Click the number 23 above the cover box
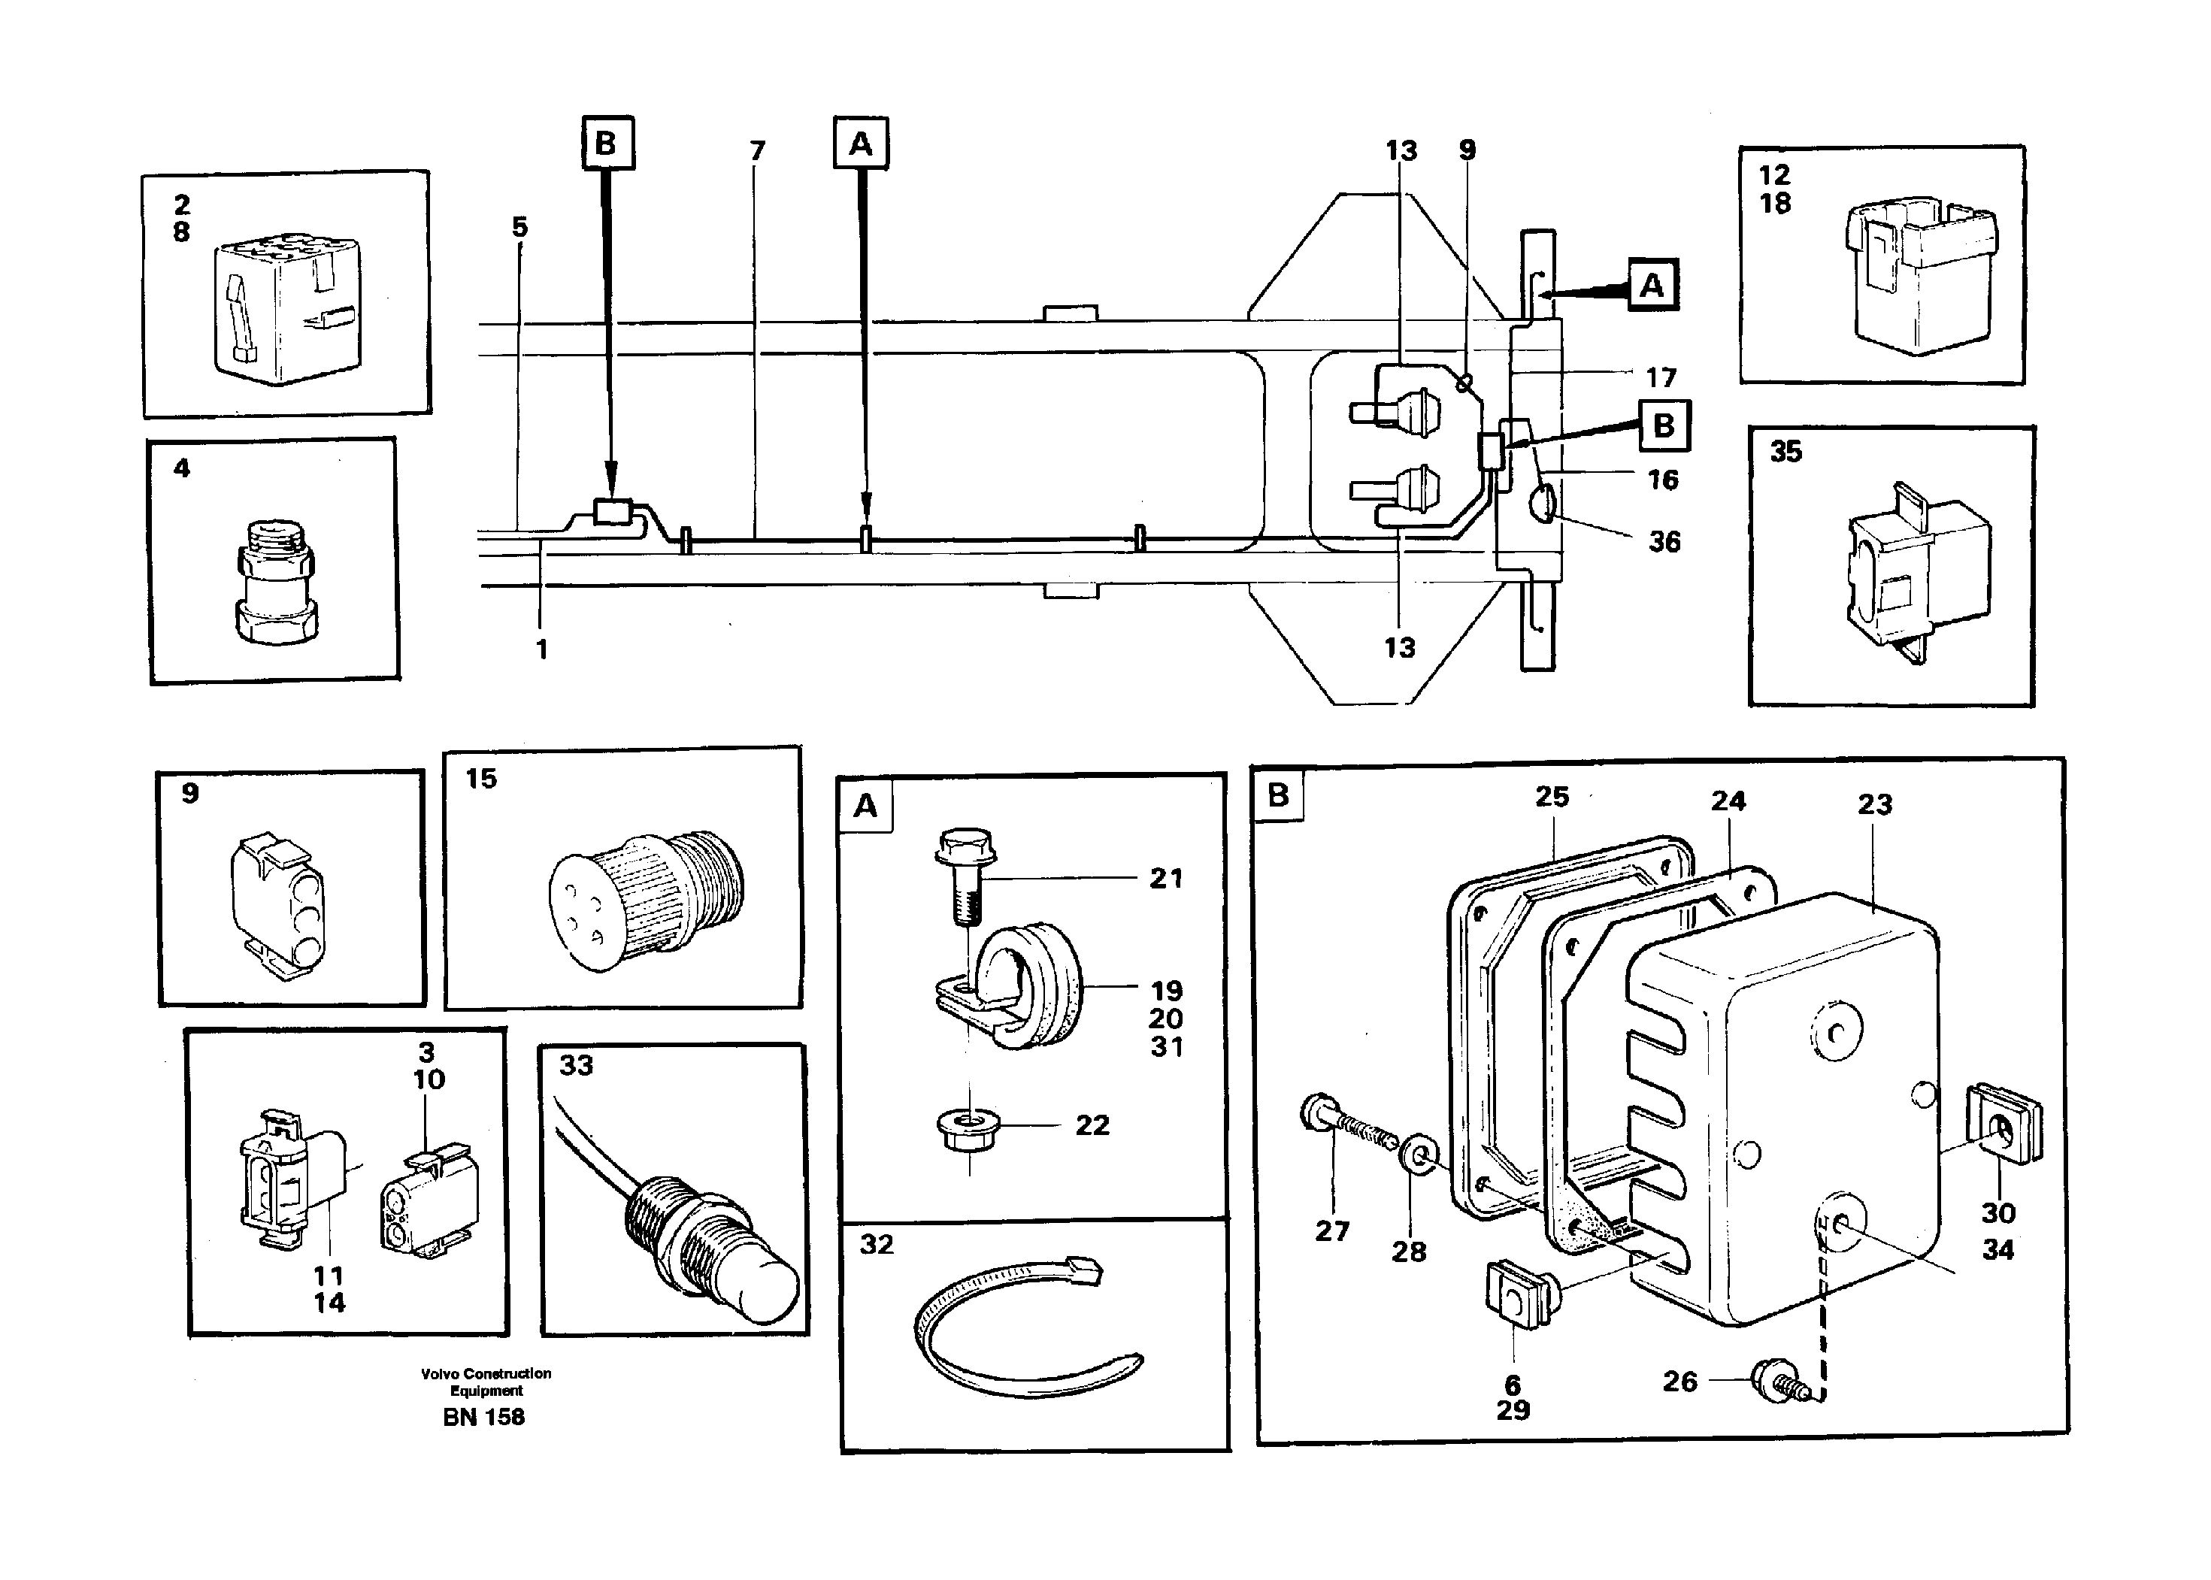1874,804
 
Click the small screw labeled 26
1775,1382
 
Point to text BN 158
483,1418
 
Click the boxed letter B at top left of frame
606,144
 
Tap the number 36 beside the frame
1664,542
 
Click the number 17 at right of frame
1661,377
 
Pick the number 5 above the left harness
519,227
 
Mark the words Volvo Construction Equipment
486,1382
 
